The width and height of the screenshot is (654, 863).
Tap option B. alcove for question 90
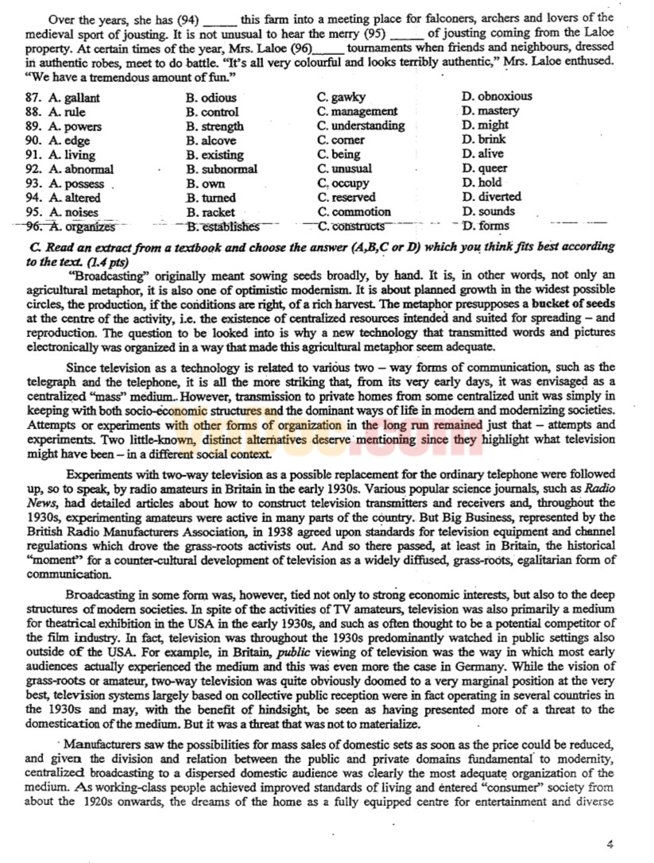(211, 141)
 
